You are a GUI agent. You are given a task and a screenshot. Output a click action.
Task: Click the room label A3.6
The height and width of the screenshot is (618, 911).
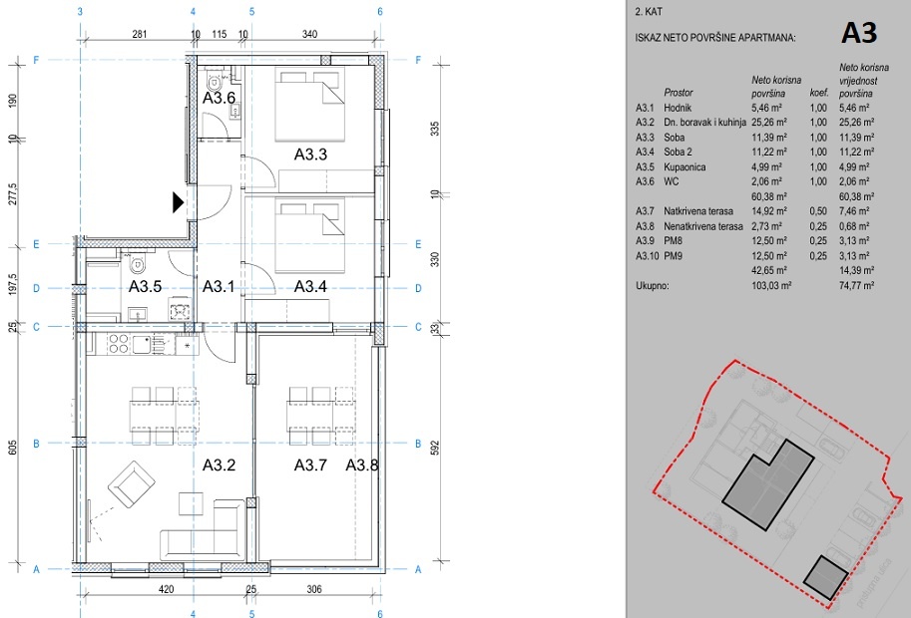tap(219, 99)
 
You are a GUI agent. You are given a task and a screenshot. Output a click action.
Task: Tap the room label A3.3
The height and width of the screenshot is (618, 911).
tap(310, 154)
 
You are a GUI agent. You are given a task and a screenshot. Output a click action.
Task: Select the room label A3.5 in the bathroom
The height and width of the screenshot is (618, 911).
tap(146, 286)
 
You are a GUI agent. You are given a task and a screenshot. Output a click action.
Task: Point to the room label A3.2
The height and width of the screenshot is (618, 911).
tap(219, 464)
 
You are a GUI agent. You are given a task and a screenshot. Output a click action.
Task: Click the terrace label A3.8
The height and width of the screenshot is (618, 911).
tap(362, 464)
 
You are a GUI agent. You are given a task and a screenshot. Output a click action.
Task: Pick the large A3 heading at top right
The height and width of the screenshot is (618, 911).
tap(858, 32)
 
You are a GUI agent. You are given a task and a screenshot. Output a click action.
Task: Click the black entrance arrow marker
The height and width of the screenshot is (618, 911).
tap(179, 202)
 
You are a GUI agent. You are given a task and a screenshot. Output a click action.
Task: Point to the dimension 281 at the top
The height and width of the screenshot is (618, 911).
tap(140, 35)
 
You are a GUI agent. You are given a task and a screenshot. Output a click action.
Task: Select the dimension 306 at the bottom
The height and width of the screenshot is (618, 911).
tap(313, 589)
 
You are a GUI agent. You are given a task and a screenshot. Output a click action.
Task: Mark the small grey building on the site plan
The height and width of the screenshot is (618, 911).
tap(825, 577)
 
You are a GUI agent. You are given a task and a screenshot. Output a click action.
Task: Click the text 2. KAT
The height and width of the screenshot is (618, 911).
tap(646, 14)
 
